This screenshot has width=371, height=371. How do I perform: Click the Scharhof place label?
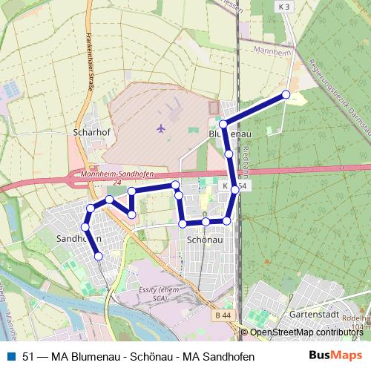[92, 134]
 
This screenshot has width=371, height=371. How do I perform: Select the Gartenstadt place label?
[314, 314]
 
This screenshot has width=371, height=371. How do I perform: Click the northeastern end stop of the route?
[286, 94]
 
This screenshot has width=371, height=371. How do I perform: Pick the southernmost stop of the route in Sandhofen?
[99, 257]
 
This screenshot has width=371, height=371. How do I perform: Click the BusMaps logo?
[337, 355]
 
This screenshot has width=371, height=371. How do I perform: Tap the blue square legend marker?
[10, 356]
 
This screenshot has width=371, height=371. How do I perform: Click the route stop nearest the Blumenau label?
[223, 124]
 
